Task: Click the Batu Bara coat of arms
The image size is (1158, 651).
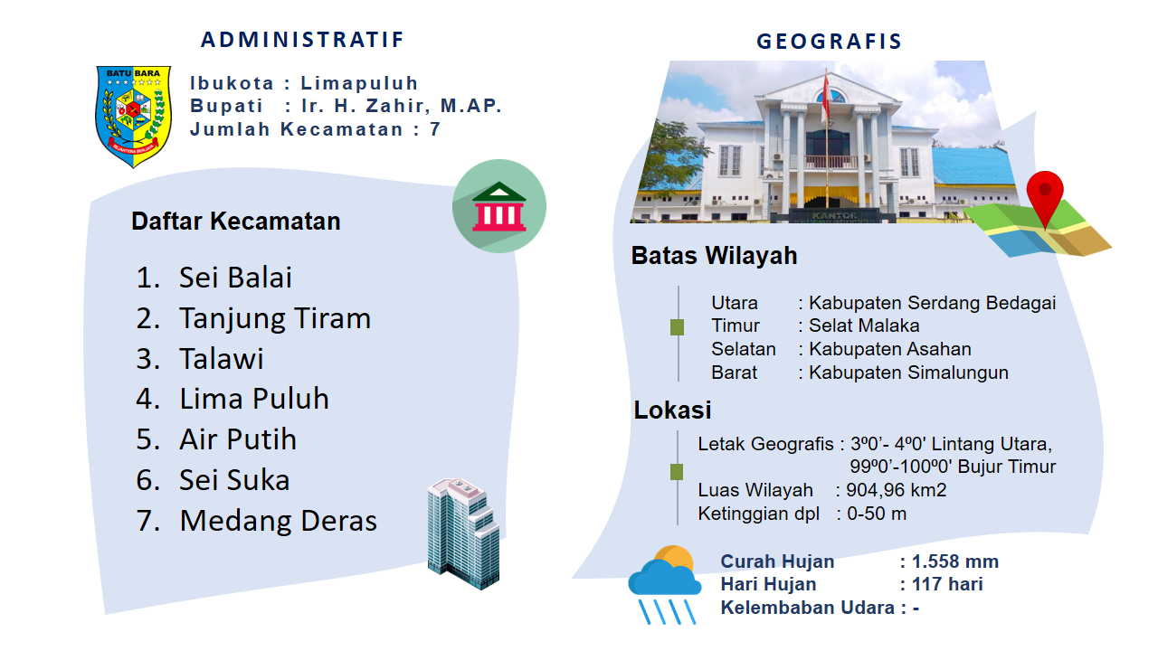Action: coord(133,117)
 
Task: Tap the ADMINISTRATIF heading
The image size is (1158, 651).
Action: coord(302,40)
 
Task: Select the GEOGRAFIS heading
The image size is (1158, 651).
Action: coord(830,42)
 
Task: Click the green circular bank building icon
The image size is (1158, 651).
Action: coord(498,206)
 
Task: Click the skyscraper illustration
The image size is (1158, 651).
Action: coord(463,533)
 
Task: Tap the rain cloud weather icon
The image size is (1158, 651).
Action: coord(665,585)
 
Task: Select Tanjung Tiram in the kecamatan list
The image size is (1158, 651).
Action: coord(274,317)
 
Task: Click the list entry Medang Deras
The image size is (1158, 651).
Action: coord(278,520)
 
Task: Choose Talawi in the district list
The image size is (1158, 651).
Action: coord(222,359)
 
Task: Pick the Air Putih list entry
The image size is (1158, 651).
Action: coord(238,439)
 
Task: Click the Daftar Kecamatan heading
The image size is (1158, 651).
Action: coord(236,222)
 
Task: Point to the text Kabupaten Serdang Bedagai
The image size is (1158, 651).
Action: coord(932,303)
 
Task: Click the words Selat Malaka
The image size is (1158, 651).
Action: coord(864,325)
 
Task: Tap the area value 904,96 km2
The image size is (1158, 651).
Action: coord(896,490)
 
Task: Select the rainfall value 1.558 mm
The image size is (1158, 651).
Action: coord(954,561)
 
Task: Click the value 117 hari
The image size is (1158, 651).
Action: coord(947,584)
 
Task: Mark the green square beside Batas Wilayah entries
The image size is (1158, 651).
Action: coord(677,327)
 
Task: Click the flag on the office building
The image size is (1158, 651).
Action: coord(826,96)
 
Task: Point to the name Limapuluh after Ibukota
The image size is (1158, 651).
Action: coord(359,82)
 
